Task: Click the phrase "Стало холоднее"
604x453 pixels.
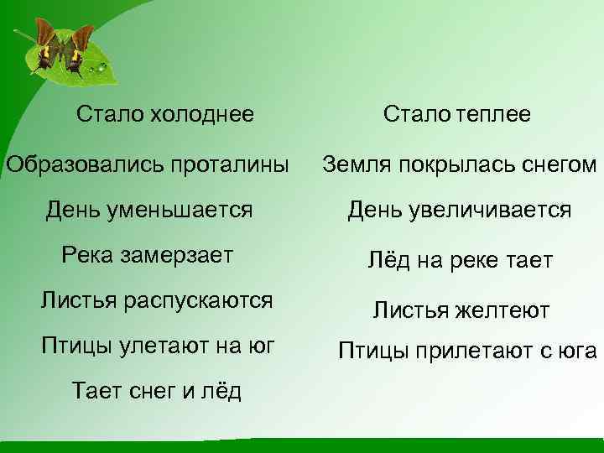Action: (164, 113)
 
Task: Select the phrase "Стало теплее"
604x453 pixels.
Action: (457, 114)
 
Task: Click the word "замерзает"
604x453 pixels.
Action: (180, 254)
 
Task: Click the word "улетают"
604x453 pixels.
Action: (160, 345)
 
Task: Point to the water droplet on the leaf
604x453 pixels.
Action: (101, 65)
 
